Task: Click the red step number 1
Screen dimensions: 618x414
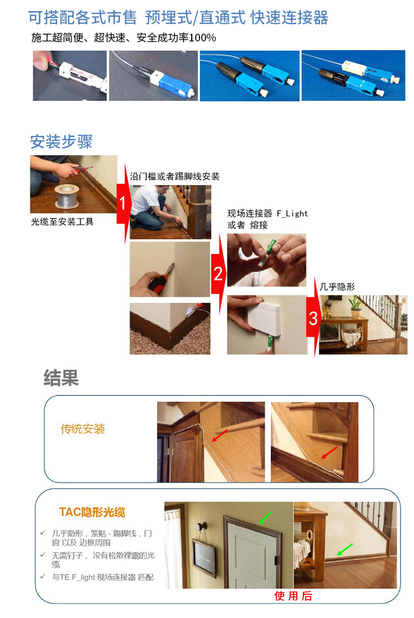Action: (123, 203)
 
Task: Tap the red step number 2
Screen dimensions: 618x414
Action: (218, 273)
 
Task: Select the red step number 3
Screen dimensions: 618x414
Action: (313, 319)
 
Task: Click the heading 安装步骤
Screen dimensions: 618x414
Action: (61, 142)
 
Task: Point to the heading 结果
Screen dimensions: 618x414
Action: (61, 378)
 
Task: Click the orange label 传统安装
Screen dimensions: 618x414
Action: (83, 429)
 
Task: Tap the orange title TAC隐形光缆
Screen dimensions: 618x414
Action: (92, 513)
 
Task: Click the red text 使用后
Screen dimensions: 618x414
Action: (294, 596)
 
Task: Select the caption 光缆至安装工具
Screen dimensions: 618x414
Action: (62, 221)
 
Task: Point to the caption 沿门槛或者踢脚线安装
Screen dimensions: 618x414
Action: (175, 177)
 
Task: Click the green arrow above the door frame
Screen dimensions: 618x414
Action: (265, 517)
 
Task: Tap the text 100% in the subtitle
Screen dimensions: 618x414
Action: (201, 38)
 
